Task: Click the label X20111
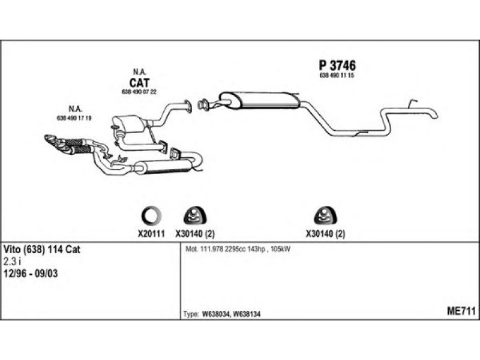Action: [x=149, y=235]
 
